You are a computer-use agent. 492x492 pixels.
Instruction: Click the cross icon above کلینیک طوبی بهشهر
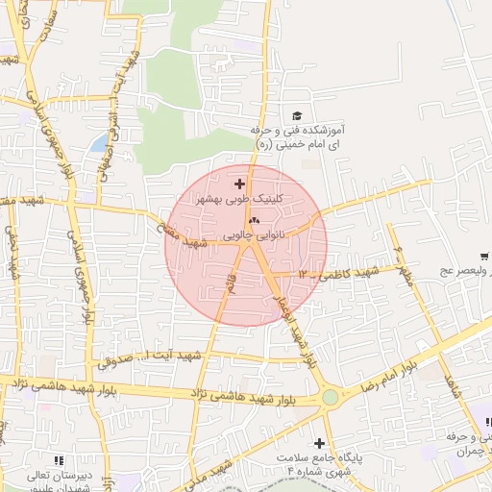pos(240,183)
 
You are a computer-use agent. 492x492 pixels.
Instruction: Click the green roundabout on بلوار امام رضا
pos(331,397)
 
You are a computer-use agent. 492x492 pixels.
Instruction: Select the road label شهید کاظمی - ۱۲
pos(338,274)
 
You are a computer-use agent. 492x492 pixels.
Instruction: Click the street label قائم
pos(228,284)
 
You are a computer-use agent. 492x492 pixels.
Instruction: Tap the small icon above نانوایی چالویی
pos(253,220)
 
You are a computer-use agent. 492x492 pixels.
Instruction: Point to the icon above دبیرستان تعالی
pos(61,460)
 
